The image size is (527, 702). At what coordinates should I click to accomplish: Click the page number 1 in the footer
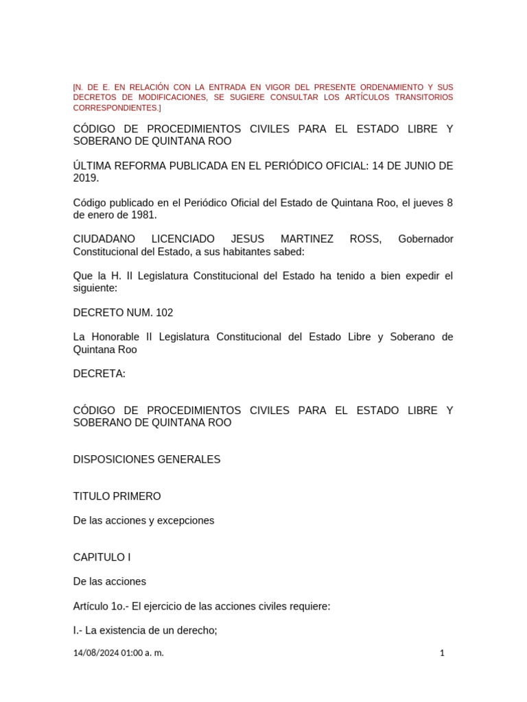[x=442, y=653]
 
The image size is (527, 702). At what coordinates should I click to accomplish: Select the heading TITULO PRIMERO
[x=117, y=496]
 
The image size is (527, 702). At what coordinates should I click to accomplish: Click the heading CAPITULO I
[x=102, y=557]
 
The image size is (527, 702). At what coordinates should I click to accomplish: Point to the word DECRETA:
[x=99, y=374]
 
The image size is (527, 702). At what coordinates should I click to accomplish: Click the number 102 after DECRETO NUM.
[x=165, y=313]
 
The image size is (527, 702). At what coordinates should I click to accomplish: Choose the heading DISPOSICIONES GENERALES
[x=147, y=459]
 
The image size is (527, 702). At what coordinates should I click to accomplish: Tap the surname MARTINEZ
[x=307, y=239]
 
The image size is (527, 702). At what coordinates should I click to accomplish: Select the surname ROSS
[x=366, y=239]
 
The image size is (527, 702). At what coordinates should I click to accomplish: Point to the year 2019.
[x=86, y=178]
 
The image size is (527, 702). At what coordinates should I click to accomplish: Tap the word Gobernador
[x=425, y=239]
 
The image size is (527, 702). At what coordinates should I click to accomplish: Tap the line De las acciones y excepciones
[x=143, y=520]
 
